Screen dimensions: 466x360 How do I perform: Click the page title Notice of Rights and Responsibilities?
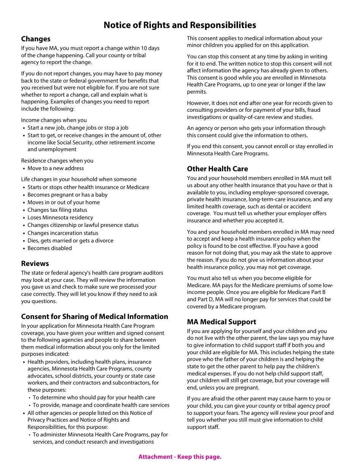pos(180,25)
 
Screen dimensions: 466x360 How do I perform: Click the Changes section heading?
pos(36,39)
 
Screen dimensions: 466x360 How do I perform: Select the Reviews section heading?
pos(35,264)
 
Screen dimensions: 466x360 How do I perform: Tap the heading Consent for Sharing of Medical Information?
pos(94,317)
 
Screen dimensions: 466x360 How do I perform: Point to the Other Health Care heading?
pos(217,169)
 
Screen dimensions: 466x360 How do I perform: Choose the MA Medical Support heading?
pos(221,322)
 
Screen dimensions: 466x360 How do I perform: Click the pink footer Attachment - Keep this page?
pos(180,457)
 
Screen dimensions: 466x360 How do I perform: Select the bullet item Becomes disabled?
pos(49,248)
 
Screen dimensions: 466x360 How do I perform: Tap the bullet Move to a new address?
pos(55,168)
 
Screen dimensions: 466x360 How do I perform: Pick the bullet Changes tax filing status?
pos(57,210)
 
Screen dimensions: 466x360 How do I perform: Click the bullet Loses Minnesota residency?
pos(60,217)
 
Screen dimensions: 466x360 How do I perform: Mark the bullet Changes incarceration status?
pos(63,233)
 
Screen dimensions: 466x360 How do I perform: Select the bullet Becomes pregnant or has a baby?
pos(67,195)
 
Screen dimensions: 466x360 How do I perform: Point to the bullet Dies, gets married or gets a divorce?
pos(70,241)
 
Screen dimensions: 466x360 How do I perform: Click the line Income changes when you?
pos(54,120)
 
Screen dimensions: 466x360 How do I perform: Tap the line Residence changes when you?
pos(57,161)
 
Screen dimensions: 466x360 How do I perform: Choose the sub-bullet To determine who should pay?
pos(94,397)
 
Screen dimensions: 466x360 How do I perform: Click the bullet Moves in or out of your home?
pos(63,202)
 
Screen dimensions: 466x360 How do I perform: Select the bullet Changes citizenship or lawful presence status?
pos(83,225)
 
